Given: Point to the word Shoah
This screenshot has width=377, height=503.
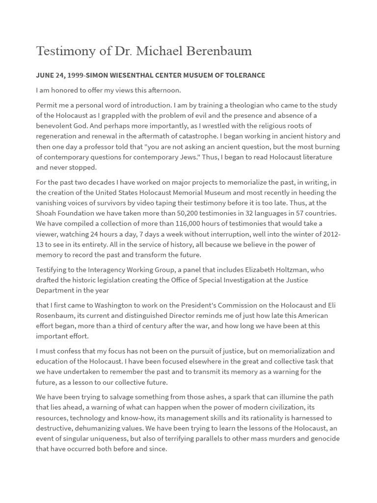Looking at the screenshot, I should (x=47, y=213).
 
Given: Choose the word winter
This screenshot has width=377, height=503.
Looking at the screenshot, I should (x=302, y=234).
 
